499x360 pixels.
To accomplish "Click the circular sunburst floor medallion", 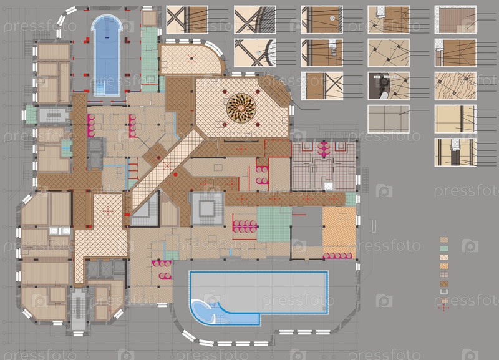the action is [x=241, y=108].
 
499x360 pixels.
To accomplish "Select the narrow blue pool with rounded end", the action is [x=107, y=55].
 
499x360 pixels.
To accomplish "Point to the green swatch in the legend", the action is [x=444, y=248].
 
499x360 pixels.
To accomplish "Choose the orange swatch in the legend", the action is [x=444, y=266].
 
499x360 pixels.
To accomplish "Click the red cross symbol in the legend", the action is [x=443, y=308].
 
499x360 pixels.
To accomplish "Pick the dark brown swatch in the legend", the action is [x=444, y=283].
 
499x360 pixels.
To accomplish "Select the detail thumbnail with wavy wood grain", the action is [x=455, y=86].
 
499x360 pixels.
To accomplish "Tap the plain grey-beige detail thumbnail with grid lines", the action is [x=389, y=119].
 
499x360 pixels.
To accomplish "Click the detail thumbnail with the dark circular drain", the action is [x=389, y=86].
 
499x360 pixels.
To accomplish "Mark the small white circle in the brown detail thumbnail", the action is [x=332, y=18].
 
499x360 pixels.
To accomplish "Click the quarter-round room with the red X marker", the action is [x=191, y=58].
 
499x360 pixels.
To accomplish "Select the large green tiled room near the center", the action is [x=274, y=224].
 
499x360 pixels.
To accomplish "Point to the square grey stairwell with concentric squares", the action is [x=207, y=209].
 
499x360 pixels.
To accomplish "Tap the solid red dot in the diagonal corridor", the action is [x=175, y=175].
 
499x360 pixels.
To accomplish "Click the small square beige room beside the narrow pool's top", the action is [x=148, y=19].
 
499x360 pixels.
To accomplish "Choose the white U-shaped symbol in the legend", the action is [x=444, y=292].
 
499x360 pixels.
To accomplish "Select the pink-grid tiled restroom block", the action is [x=323, y=166].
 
